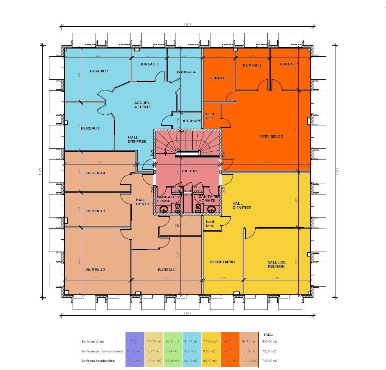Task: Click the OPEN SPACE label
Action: tap(271, 136)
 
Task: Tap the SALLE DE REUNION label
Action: tap(276, 264)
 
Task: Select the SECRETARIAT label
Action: tap(223, 262)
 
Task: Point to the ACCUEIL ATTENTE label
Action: tap(142, 105)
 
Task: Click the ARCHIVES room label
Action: tap(192, 121)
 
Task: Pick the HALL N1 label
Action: tap(190, 171)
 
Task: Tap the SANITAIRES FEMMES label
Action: tap(167, 199)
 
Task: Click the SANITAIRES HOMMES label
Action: tap(209, 199)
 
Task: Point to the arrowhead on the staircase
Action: tap(165, 154)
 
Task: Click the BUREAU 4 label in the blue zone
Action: tap(186, 72)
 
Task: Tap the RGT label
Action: tap(179, 225)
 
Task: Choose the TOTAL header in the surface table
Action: tap(269, 335)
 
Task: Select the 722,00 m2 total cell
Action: tap(269, 361)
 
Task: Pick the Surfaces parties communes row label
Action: tap(102, 351)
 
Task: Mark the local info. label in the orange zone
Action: tap(210, 116)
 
